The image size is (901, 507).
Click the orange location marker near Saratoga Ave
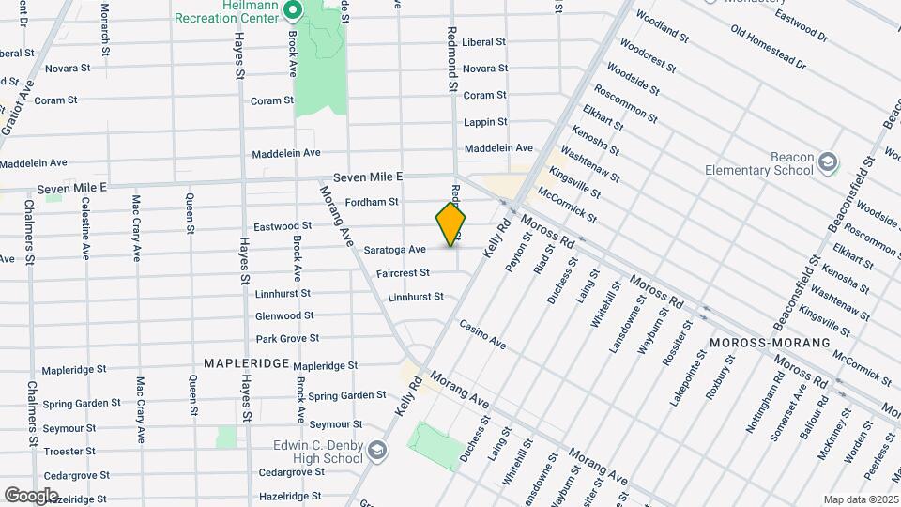(x=451, y=224)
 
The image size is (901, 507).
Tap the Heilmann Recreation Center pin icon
(x=292, y=11)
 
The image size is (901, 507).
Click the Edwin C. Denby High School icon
(x=376, y=450)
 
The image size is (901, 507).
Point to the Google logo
(x=31, y=495)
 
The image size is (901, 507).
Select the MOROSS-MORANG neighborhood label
(x=770, y=343)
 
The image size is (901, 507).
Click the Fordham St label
(x=372, y=201)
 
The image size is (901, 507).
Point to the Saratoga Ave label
(x=395, y=250)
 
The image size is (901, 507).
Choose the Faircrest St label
(x=402, y=273)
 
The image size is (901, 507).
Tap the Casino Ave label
(x=482, y=334)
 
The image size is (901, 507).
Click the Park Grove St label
(x=287, y=338)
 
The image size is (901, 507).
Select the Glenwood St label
(x=283, y=315)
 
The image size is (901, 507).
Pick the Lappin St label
(x=485, y=122)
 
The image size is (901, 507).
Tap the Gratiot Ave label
(x=18, y=108)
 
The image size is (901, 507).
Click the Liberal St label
(x=484, y=42)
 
